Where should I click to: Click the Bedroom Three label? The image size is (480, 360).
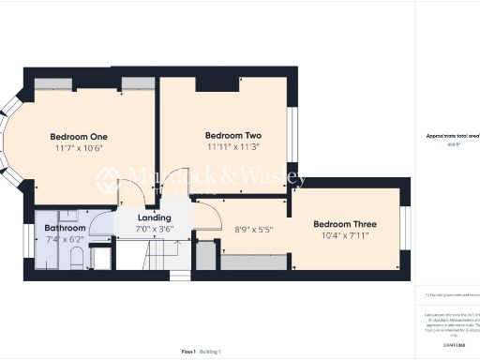[345, 224]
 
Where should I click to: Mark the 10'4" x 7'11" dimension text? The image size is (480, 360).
[345, 235]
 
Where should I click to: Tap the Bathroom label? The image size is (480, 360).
[66, 228]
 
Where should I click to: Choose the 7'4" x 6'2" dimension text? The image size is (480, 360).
[66, 239]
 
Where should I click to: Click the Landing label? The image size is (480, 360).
[154, 217]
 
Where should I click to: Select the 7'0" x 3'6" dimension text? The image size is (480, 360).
[154, 229]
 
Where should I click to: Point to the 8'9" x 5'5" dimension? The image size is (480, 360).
[252, 229]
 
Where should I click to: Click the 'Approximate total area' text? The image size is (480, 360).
[453, 136]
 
